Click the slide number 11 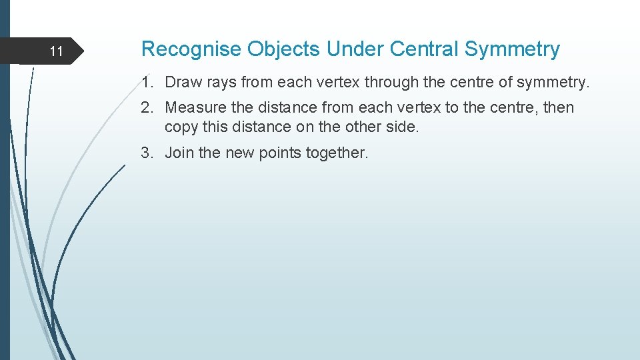[57, 51]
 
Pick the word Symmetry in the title [512, 49]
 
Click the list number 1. [148, 83]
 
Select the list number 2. [148, 107]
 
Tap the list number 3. [148, 153]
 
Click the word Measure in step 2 [193, 107]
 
